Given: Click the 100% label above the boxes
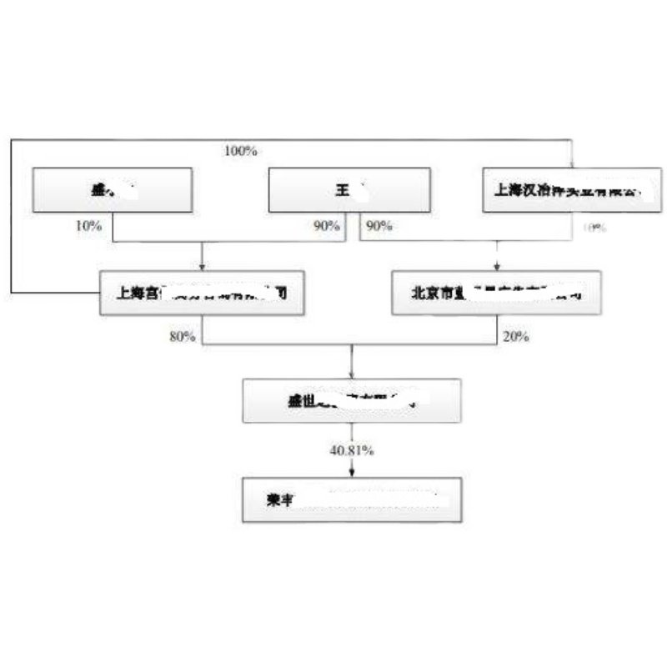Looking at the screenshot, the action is tap(241, 151).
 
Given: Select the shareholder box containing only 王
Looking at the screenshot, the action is tap(349, 189).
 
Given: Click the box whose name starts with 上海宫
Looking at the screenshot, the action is tap(198, 293).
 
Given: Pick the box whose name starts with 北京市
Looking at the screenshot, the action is tap(497, 293).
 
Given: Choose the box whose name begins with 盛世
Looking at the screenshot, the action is tap(350, 400).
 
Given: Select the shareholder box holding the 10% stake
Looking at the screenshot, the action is tap(112, 189).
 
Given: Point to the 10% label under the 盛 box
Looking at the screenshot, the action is tap(88, 225).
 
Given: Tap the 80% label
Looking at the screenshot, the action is tap(182, 337).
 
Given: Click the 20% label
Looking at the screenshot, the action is tap(517, 337).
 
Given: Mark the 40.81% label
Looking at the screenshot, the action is tap(352, 451).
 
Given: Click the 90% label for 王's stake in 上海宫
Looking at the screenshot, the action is tap(327, 225).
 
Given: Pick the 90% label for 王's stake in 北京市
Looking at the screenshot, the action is tap(379, 225).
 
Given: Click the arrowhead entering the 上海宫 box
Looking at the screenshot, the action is tap(203, 266).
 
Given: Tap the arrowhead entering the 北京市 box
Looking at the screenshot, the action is tap(498, 266).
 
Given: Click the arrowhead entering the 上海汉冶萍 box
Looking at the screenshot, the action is tap(572, 164).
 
